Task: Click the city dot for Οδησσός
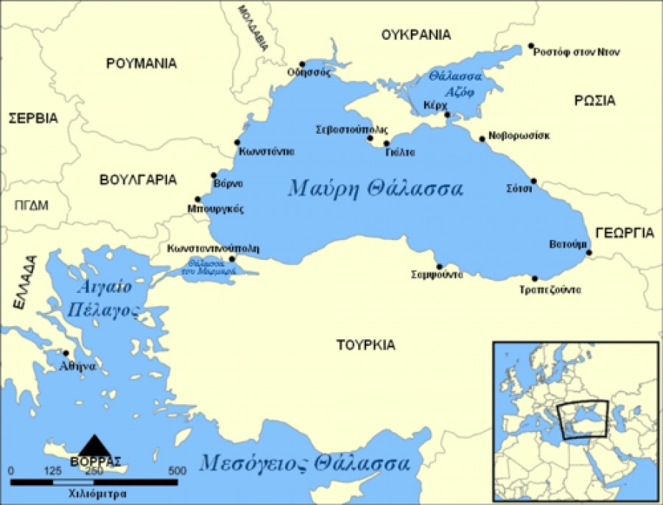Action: coord(302,64)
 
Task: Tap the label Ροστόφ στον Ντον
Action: coord(577,52)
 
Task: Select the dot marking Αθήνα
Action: coord(66,353)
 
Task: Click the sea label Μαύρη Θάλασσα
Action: coord(376,188)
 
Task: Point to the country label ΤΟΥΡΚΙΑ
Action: coord(365,345)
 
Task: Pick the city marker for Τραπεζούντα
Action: coord(535,278)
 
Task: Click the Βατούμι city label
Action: coord(568,244)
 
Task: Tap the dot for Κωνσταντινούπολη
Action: coord(232,259)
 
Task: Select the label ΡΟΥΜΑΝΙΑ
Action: coord(141,63)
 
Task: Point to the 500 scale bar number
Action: coord(177,470)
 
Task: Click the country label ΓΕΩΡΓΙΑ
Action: coord(625,233)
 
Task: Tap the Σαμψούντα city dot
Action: coord(440,266)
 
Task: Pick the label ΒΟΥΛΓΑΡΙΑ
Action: coord(138,179)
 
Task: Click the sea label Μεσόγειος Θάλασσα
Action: coord(304,465)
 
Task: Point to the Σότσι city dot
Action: coord(534,181)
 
